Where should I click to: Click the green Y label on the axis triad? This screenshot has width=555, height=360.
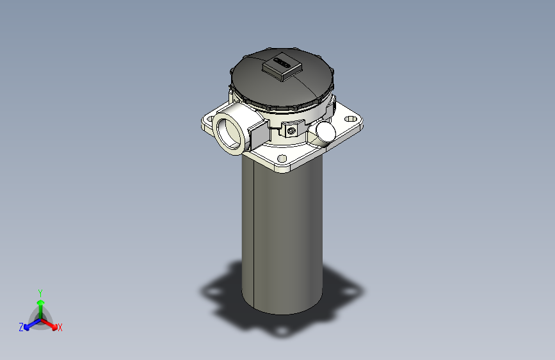pyautogui.click(x=40, y=291)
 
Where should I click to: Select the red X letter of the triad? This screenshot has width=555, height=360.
pyautogui.click(x=60, y=328)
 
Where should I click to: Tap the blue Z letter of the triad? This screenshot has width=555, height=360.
pyautogui.click(x=21, y=327)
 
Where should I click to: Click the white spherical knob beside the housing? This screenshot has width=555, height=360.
pyautogui.click(x=325, y=131)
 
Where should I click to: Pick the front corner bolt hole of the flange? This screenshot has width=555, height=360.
pyautogui.click(x=282, y=158)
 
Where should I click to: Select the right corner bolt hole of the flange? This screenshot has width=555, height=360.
pyautogui.click(x=351, y=119)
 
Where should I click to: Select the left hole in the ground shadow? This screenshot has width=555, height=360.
pyautogui.click(x=211, y=291)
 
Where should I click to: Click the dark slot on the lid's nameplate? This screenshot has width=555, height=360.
pyautogui.click(x=281, y=62)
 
